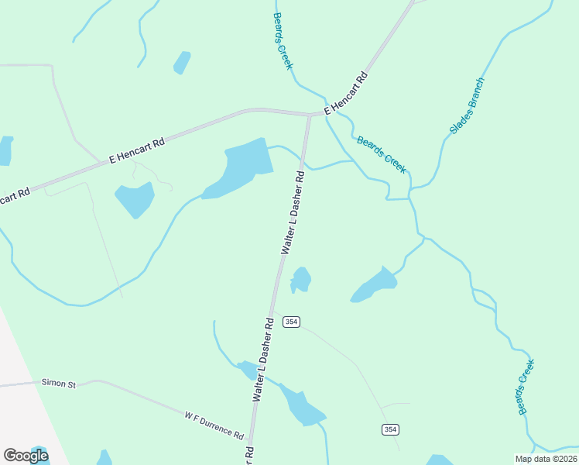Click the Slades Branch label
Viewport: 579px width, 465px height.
coord(468,105)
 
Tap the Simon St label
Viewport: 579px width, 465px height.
coord(60,383)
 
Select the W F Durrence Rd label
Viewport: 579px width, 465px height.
coord(214,425)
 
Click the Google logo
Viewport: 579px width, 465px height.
coord(26,456)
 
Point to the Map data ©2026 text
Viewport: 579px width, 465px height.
coord(546,459)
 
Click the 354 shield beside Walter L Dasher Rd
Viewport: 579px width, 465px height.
coord(291,322)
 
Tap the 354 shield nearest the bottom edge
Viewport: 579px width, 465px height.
coord(390,429)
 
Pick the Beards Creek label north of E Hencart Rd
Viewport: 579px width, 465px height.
coord(283,40)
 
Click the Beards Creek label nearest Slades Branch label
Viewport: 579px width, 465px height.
coord(381,153)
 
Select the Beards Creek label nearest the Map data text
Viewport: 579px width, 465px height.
coord(526,387)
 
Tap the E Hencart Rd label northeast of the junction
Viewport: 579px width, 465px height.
coord(345,94)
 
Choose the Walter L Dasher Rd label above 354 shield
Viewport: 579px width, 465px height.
coord(293,213)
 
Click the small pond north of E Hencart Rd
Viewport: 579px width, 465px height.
coord(182,63)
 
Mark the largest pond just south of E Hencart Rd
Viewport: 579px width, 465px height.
coord(241,166)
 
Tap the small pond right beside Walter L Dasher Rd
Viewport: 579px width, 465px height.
coord(300,280)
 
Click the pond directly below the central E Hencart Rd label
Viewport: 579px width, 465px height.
coord(135,199)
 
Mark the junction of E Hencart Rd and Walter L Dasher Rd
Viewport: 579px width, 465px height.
coord(310,116)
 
